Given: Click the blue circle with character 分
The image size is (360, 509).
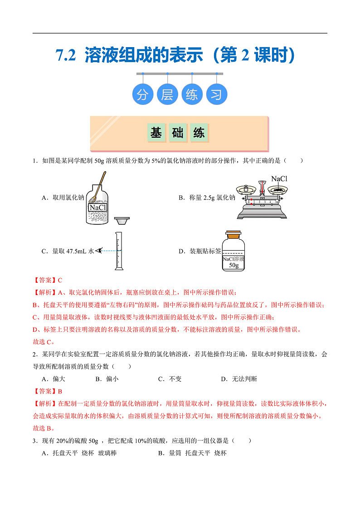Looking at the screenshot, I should click(x=143, y=95).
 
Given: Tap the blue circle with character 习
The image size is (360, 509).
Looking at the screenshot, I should click(x=217, y=95).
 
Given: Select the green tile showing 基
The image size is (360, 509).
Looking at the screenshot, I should click(x=156, y=133).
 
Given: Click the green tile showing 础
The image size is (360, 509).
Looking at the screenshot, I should click(x=177, y=133).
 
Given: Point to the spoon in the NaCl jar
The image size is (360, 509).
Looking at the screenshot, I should click(x=99, y=185).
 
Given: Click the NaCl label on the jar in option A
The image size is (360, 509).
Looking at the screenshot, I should click(x=97, y=208).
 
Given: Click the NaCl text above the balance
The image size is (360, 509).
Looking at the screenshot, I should click(x=279, y=179).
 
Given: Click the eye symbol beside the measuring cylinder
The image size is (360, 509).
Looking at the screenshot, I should click(x=98, y=250).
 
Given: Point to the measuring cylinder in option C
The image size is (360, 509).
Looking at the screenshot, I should click(x=119, y=251).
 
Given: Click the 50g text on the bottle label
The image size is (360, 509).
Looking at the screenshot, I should click(x=234, y=265).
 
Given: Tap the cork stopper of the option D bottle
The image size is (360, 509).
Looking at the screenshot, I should click(x=234, y=235).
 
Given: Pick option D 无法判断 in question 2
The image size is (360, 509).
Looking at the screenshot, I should click(x=238, y=379).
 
